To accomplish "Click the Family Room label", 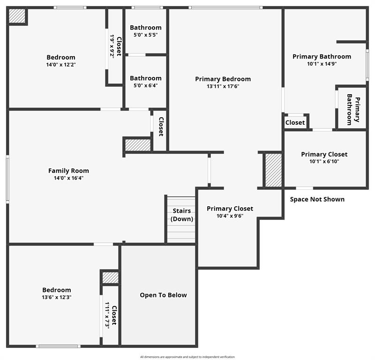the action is pos(68,171).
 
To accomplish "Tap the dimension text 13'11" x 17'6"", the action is pos(223,86).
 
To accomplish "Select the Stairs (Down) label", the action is pos(182,215).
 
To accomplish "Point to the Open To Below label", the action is pos(163,295).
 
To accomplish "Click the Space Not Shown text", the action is pos(317,199).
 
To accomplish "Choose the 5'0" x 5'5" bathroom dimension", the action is pos(146,35).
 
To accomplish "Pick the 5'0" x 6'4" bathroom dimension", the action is pos(146,85).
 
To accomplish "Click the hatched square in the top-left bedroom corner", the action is pos(17,16).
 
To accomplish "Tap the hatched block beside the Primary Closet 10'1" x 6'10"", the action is pos(274,170).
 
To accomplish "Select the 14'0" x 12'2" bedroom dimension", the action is pos(61,65).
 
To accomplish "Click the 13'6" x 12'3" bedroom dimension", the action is pos(57,297).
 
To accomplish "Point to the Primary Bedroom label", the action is pos(223,79).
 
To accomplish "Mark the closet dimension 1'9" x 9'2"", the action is pos(112,45).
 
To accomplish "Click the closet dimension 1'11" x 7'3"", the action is pos(107,315).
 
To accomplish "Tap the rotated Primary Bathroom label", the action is pos(353,110).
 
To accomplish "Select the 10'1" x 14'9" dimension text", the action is pos(322,64).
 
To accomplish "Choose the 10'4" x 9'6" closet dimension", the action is pos(230,216).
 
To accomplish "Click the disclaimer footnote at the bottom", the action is pos(187,357).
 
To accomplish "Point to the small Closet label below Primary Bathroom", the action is pos(295,122).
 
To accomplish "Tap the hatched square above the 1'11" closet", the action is pos(110,277).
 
